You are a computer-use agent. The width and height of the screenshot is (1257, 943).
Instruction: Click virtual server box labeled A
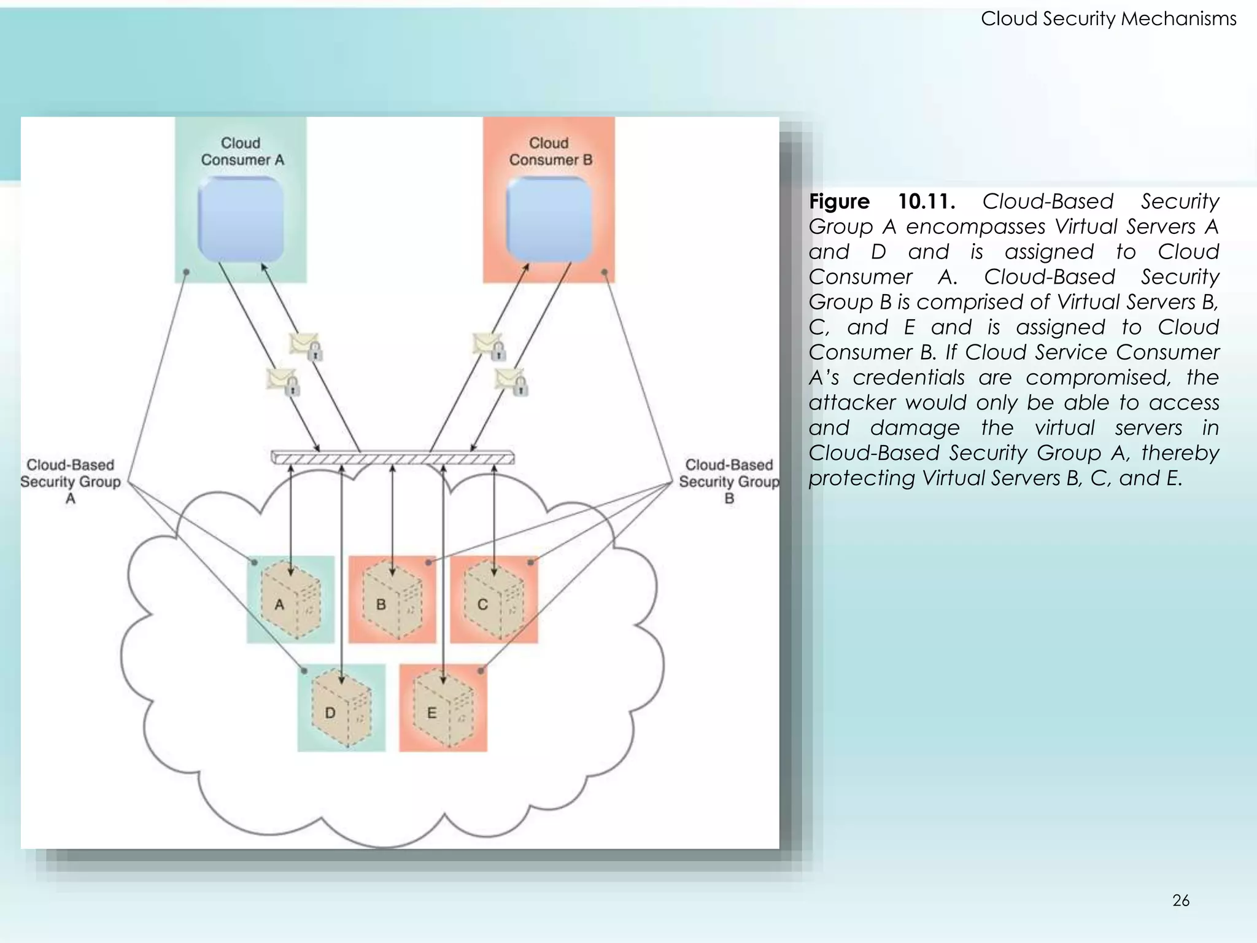(x=290, y=600)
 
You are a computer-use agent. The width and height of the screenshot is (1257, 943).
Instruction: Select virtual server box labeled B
(x=392, y=600)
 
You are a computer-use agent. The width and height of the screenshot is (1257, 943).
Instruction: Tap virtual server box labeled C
(x=493, y=600)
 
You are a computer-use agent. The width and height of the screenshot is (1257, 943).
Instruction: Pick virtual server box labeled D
(x=341, y=708)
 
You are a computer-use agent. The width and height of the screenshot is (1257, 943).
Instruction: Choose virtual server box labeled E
(x=443, y=708)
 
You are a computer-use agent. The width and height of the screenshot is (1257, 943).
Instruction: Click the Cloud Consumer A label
(x=242, y=152)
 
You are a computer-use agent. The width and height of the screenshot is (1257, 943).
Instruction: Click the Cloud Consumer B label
(x=550, y=152)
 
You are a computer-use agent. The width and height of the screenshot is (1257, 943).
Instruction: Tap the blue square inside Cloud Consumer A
(x=241, y=219)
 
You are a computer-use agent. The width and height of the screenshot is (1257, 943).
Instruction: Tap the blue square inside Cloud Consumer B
(x=549, y=219)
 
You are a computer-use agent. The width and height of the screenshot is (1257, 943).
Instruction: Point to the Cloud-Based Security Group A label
(x=71, y=481)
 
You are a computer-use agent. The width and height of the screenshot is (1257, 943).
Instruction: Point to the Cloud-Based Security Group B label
(x=729, y=481)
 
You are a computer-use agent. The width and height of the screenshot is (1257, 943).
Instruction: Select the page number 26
(x=1180, y=901)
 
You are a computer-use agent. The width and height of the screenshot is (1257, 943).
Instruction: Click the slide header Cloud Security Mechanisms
(x=1108, y=19)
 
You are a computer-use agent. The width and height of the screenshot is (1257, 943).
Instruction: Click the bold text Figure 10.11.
(x=881, y=201)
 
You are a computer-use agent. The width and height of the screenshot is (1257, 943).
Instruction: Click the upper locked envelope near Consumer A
(x=306, y=346)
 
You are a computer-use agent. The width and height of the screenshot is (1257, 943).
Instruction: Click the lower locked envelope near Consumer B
(x=511, y=381)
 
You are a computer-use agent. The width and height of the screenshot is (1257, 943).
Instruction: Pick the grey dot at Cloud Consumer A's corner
(x=187, y=271)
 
